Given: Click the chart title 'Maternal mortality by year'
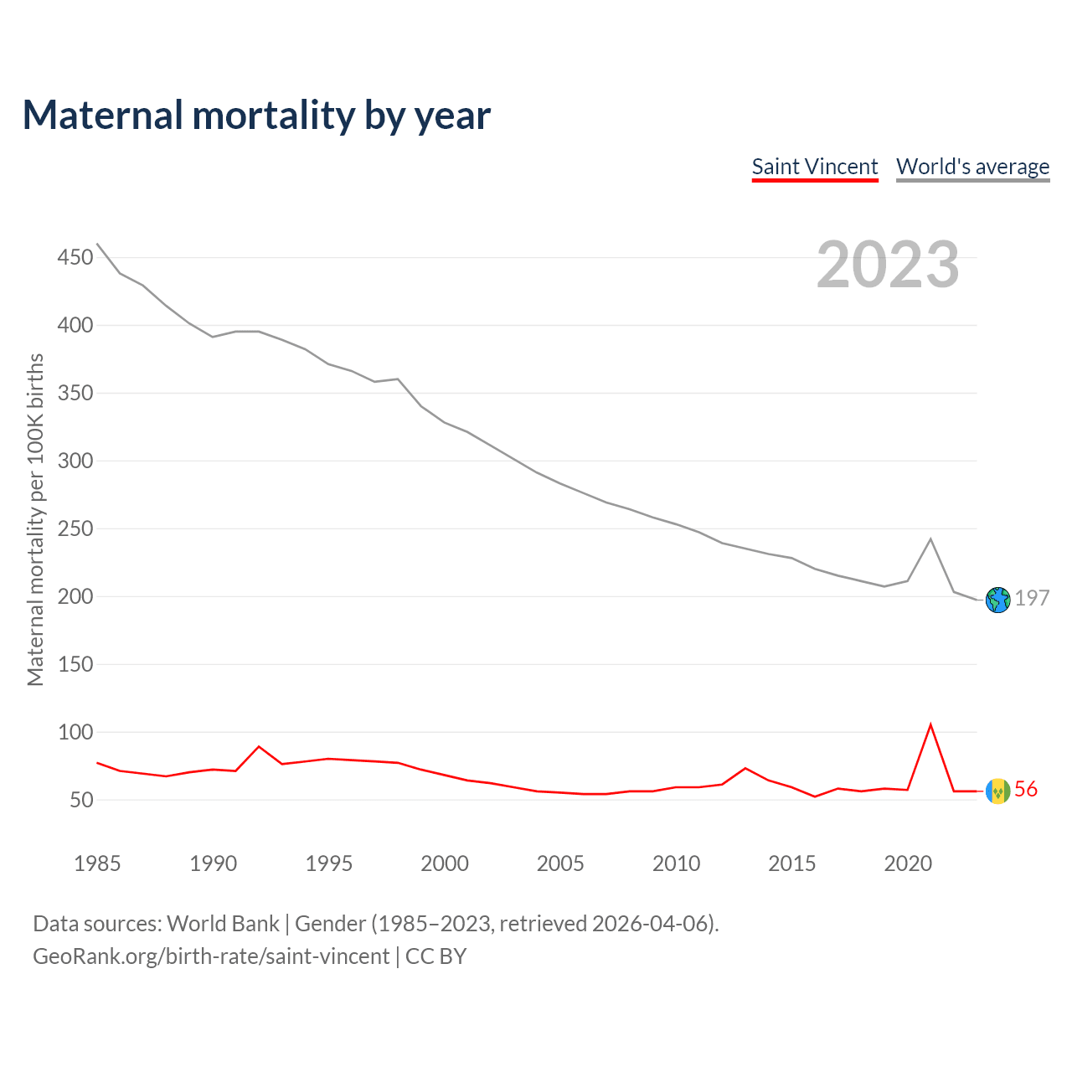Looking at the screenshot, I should (x=256, y=116).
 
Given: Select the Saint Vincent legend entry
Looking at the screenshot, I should (x=814, y=167).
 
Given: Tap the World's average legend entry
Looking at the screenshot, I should (x=972, y=167).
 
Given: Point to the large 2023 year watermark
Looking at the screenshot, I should (x=888, y=265).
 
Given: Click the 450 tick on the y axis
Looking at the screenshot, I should (x=75, y=257).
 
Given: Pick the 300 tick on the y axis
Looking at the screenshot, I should (x=75, y=461).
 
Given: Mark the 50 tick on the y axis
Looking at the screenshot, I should (x=80, y=800).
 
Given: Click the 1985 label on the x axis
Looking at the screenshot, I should (x=97, y=863).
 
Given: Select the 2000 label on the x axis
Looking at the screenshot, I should (x=445, y=863).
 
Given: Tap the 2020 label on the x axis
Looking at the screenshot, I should (x=908, y=863).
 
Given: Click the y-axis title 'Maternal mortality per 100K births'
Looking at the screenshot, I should (x=35, y=519).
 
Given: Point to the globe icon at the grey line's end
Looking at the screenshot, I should (x=998, y=600).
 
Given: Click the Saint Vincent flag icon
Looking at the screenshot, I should (x=998, y=791).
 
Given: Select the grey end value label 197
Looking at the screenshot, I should (x=1032, y=598).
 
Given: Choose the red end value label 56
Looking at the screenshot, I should (x=1026, y=789).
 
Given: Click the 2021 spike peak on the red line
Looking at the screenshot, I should (x=930, y=724).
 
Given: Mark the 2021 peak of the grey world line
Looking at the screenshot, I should (x=930, y=539).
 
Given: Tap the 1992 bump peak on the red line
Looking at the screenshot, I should (x=259, y=746).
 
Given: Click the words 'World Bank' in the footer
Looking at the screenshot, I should (x=223, y=924).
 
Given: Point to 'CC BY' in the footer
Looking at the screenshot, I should (x=435, y=956).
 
